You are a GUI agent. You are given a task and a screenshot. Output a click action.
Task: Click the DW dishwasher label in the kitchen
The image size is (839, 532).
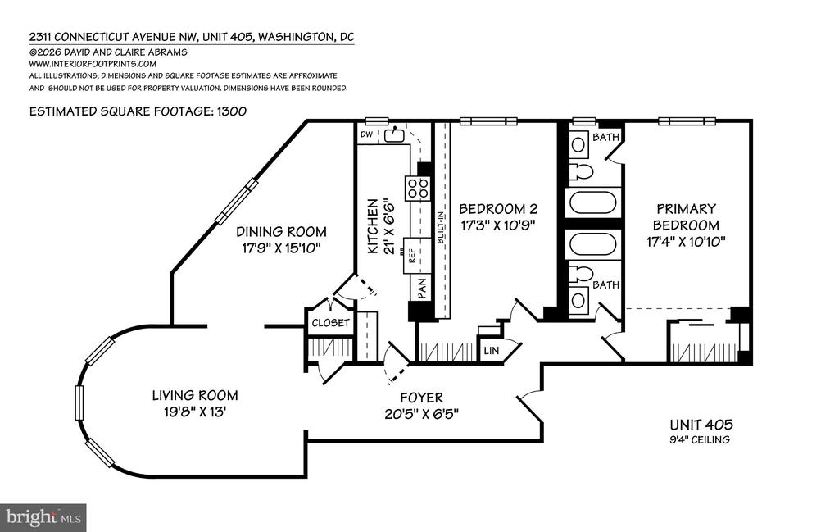click(366, 134)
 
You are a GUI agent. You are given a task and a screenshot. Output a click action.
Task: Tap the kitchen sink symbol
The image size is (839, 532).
click(393, 134)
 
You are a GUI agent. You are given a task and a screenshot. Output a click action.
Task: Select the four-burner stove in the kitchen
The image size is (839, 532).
click(418, 189)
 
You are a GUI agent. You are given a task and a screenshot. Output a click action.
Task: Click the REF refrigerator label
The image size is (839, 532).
click(412, 256)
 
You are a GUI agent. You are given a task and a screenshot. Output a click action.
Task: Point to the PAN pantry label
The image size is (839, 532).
click(422, 288)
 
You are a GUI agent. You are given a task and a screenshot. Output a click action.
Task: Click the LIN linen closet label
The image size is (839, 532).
click(492, 351)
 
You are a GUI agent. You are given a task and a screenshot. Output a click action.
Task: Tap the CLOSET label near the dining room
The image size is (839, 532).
click(331, 323)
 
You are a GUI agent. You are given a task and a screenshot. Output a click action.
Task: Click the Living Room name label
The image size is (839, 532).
click(195, 396)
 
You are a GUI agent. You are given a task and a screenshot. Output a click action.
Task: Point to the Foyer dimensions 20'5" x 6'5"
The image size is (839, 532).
click(422, 414)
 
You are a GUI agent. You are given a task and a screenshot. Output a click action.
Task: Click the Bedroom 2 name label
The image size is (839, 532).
click(498, 209)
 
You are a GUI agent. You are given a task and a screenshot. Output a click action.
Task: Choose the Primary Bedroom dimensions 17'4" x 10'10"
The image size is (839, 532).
click(686, 241)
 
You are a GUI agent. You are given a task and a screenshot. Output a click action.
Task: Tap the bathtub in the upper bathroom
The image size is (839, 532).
click(593, 202)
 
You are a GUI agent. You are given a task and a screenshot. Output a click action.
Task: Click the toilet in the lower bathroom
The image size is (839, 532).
click(581, 274)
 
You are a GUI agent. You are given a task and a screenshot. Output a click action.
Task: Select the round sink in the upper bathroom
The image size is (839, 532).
click(578, 144)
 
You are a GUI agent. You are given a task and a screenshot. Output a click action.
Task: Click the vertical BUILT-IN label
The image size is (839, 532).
click(440, 228)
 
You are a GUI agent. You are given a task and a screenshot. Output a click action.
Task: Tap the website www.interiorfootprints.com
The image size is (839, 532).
click(93, 64)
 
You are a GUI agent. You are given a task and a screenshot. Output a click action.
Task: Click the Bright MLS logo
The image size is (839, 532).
click(43, 517)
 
